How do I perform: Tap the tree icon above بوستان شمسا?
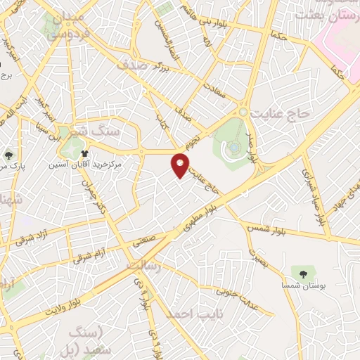click(x=303, y=271)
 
